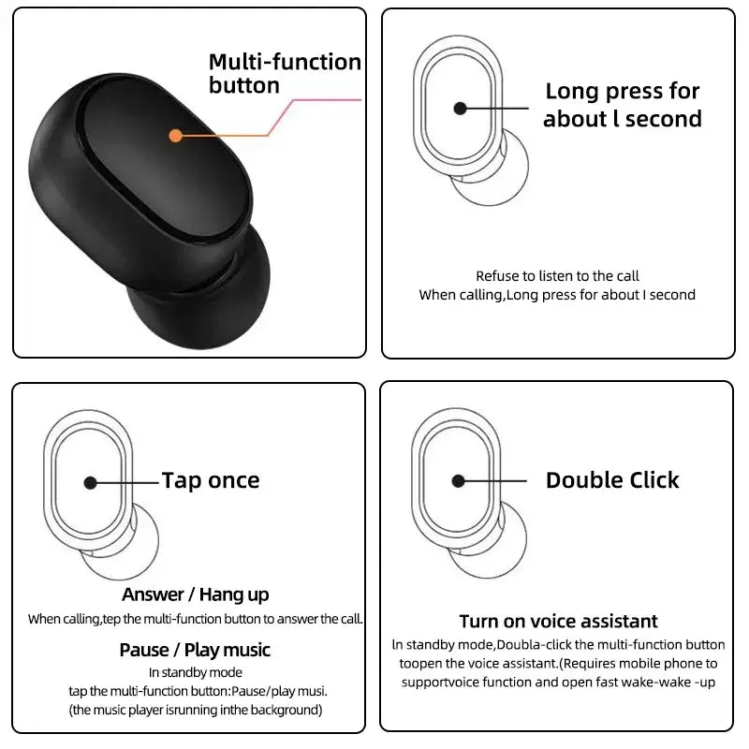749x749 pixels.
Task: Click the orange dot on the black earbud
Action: pyautogui.click(x=175, y=136)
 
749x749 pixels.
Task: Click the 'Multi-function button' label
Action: pyautogui.click(x=284, y=74)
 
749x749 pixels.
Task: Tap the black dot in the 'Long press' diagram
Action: pyautogui.click(x=460, y=109)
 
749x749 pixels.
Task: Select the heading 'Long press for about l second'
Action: pyautogui.click(x=622, y=105)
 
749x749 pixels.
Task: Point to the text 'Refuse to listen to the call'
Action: pyautogui.click(x=557, y=276)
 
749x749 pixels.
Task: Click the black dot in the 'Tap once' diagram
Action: pyautogui.click(x=90, y=482)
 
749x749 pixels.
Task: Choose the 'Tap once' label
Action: pyautogui.click(x=211, y=481)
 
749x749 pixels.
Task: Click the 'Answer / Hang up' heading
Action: pyautogui.click(x=195, y=595)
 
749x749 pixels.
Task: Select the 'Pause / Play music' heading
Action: pyautogui.click(x=195, y=650)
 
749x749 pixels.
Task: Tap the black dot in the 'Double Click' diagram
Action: pyautogui.click(x=458, y=481)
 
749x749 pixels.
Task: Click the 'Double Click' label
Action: pyautogui.click(x=612, y=480)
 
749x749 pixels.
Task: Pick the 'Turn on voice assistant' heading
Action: pyautogui.click(x=558, y=622)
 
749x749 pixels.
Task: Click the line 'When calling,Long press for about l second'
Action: pyautogui.click(x=557, y=295)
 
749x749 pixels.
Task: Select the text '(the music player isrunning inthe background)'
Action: pyautogui.click(x=195, y=710)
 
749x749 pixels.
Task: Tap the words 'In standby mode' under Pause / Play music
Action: pyautogui.click(x=195, y=672)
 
